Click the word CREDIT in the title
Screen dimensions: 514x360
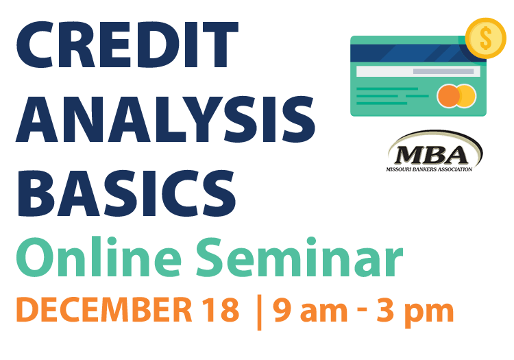(x=127, y=45)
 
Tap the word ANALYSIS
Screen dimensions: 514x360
(x=166, y=119)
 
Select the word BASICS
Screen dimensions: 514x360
(x=127, y=193)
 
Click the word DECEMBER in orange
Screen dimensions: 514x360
(x=104, y=309)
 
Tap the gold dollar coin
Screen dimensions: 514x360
(x=485, y=38)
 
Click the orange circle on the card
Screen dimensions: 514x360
(x=448, y=96)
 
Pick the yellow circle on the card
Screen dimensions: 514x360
(x=467, y=96)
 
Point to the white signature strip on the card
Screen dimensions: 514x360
(x=418, y=71)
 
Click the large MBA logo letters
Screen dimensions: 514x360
(x=431, y=155)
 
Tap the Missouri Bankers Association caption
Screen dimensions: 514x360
(x=429, y=169)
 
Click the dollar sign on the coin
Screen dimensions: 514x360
(x=485, y=38)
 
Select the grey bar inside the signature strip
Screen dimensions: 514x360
(x=443, y=71)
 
